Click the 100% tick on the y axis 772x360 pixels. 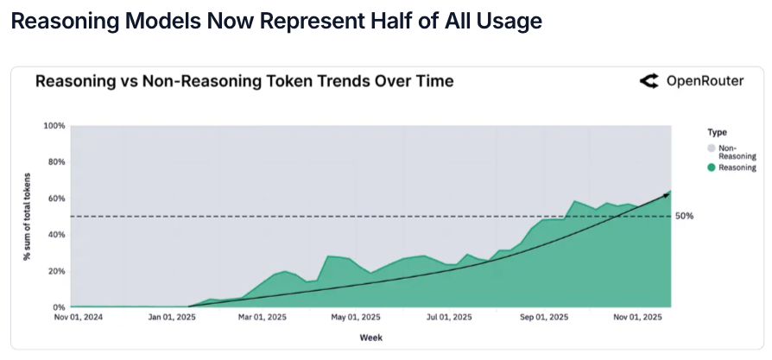tap(54, 126)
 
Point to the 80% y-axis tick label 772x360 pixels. tap(56, 162)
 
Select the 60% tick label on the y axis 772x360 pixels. tap(56, 199)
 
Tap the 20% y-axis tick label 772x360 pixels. tap(56, 271)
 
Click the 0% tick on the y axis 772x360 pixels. tap(59, 307)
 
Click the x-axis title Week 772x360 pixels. tap(371, 338)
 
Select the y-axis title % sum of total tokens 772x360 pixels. tap(28, 217)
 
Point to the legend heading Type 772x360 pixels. tap(716, 132)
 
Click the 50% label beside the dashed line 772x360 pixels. tap(684, 217)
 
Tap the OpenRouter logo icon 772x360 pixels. tap(649, 82)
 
